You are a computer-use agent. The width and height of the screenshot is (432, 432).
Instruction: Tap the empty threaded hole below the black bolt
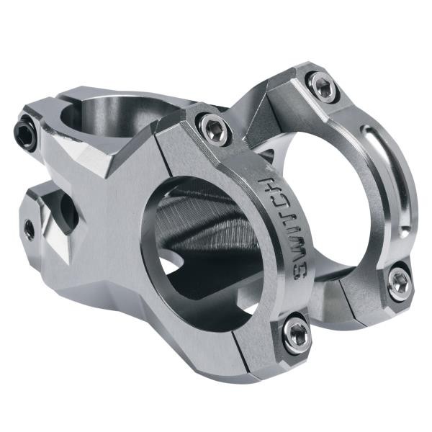[x=30, y=230]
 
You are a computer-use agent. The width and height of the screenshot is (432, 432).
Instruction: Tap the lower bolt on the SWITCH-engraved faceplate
[x=295, y=332]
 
